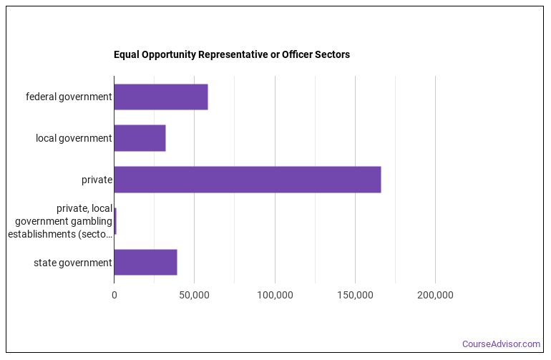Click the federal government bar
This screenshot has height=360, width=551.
[x=160, y=97]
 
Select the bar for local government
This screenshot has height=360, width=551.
[x=140, y=138]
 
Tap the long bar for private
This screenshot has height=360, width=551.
[x=247, y=180]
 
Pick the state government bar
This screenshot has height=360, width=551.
[x=145, y=263]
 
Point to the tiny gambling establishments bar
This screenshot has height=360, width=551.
[x=115, y=221]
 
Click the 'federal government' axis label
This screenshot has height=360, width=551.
[x=69, y=97]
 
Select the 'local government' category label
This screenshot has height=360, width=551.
[x=74, y=138]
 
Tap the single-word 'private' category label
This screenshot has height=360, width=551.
[x=97, y=180]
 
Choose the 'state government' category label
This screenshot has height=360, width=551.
[x=73, y=263]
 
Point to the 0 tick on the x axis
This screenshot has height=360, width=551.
[x=114, y=295]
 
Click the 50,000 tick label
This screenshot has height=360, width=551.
[x=195, y=295]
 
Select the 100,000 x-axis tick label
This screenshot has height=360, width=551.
[x=275, y=295]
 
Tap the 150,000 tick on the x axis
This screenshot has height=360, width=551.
[x=356, y=295]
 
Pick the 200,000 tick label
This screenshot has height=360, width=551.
[x=436, y=295]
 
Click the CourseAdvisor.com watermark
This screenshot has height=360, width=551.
[x=501, y=344]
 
